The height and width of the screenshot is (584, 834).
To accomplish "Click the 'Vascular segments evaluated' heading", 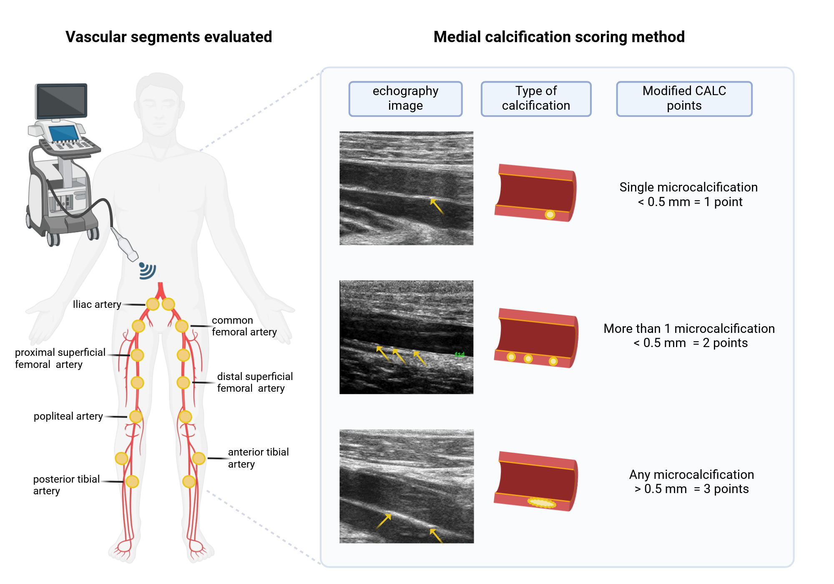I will pyautogui.click(x=168, y=37).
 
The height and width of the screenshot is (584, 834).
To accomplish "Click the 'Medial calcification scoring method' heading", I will pyautogui.click(x=559, y=37).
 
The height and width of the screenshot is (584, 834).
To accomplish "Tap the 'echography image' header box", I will pyautogui.click(x=405, y=98).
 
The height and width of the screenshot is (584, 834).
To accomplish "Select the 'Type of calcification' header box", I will pyautogui.click(x=536, y=98).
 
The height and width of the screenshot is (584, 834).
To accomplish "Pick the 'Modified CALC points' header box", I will pyautogui.click(x=684, y=98).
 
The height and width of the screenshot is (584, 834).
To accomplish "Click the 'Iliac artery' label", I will pyautogui.click(x=97, y=305).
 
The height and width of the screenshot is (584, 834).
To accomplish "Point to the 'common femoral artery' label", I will pyautogui.click(x=244, y=326).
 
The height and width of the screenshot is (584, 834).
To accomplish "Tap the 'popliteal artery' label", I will pyautogui.click(x=68, y=416).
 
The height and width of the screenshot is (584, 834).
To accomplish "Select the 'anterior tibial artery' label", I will pyautogui.click(x=258, y=458).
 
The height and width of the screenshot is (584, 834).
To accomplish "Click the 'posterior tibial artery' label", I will pyautogui.click(x=66, y=485).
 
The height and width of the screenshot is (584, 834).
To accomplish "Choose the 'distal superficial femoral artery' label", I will pyautogui.click(x=255, y=383).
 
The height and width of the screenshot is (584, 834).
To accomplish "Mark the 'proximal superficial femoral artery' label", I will pyautogui.click(x=60, y=358).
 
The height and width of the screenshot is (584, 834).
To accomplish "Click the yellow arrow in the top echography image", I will pyautogui.click(x=437, y=206).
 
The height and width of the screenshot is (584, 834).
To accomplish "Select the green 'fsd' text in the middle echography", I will pyautogui.click(x=459, y=355).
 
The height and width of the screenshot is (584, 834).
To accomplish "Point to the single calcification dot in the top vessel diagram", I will pyautogui.click(x=550, y=215).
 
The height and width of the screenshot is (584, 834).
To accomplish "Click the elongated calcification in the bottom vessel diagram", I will pyautogui.click(x=542, y=503).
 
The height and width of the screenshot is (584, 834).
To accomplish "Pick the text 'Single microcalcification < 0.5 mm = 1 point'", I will pyautogui.click(x=688, y=194).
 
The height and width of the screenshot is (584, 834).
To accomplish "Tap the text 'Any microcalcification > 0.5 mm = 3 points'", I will pyautogui.click(x=691, y=482).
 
